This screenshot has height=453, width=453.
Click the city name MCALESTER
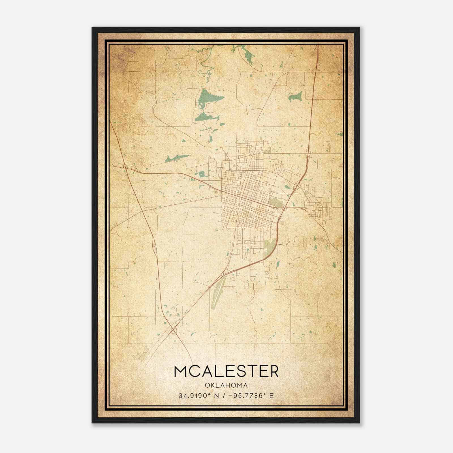[226, 371]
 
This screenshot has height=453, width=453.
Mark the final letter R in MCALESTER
[273, 371]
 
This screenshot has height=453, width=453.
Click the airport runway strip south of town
[218, 293]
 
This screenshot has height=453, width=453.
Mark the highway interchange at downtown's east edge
[284, 208]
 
